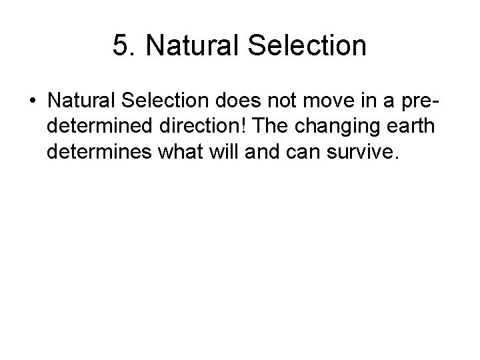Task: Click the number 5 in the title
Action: [x=121, y=46]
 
